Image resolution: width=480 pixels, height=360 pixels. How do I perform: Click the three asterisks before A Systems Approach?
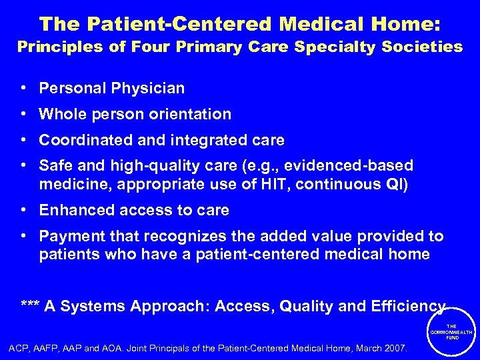[x=30, y=307]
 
